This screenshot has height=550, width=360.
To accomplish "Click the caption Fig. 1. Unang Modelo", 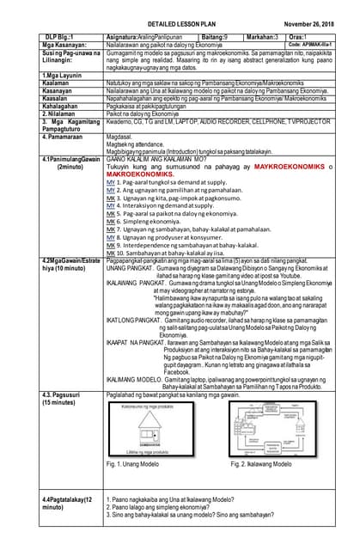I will pos(137,464).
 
